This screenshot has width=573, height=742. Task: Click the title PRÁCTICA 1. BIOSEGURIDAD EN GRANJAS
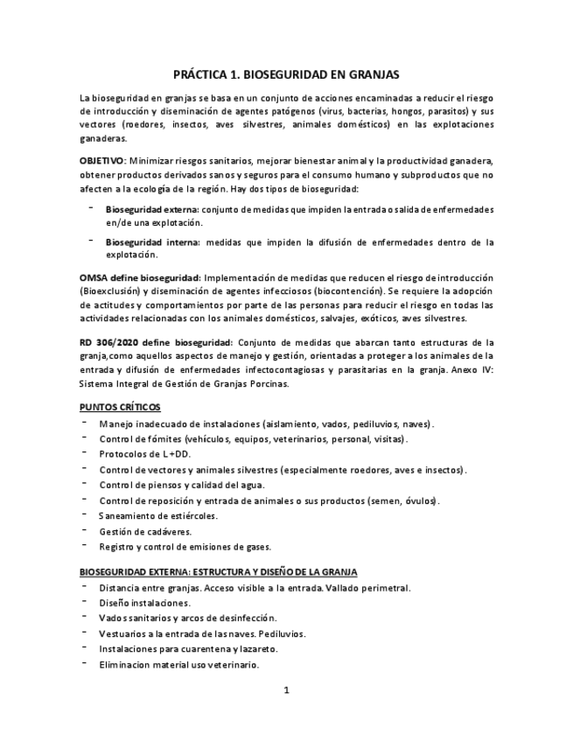pyautogui.click(x=286, y=76)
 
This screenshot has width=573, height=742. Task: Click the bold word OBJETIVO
pyautogui.click(x=102, y=161)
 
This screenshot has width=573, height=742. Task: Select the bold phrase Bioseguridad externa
pyautogui.click(x=152, y=210)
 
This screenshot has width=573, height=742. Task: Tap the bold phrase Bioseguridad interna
pyautogui.click(x=150, y=241)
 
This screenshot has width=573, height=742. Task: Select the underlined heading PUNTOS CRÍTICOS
pyautogui.click(x=119, y=408)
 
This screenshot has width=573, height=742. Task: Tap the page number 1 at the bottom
pyautogui.click(x=286, y=689)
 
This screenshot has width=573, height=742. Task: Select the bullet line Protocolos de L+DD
pyautogui.click(x=144, y=454)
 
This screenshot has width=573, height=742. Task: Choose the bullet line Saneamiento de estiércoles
pyautogui.click(x=158, y=515)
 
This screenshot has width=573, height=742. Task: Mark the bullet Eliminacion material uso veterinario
pyautogui.click(x=179, y=665)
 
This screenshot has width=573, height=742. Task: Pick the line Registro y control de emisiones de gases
pyautogui.click(x=185, y=546)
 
